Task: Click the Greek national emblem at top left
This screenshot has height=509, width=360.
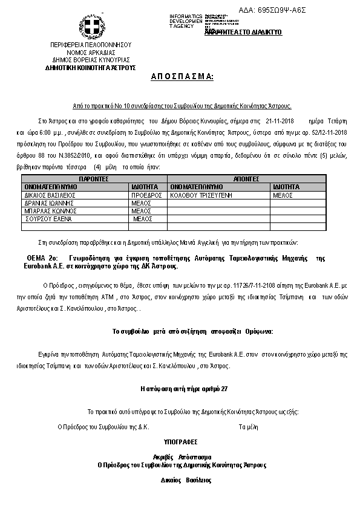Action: [91, 27]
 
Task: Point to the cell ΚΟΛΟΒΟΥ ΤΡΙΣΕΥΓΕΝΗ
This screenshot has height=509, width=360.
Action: [202, 196]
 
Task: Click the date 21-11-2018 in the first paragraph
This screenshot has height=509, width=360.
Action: [279, 121]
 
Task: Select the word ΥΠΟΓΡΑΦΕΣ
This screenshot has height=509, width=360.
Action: [180, 442]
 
